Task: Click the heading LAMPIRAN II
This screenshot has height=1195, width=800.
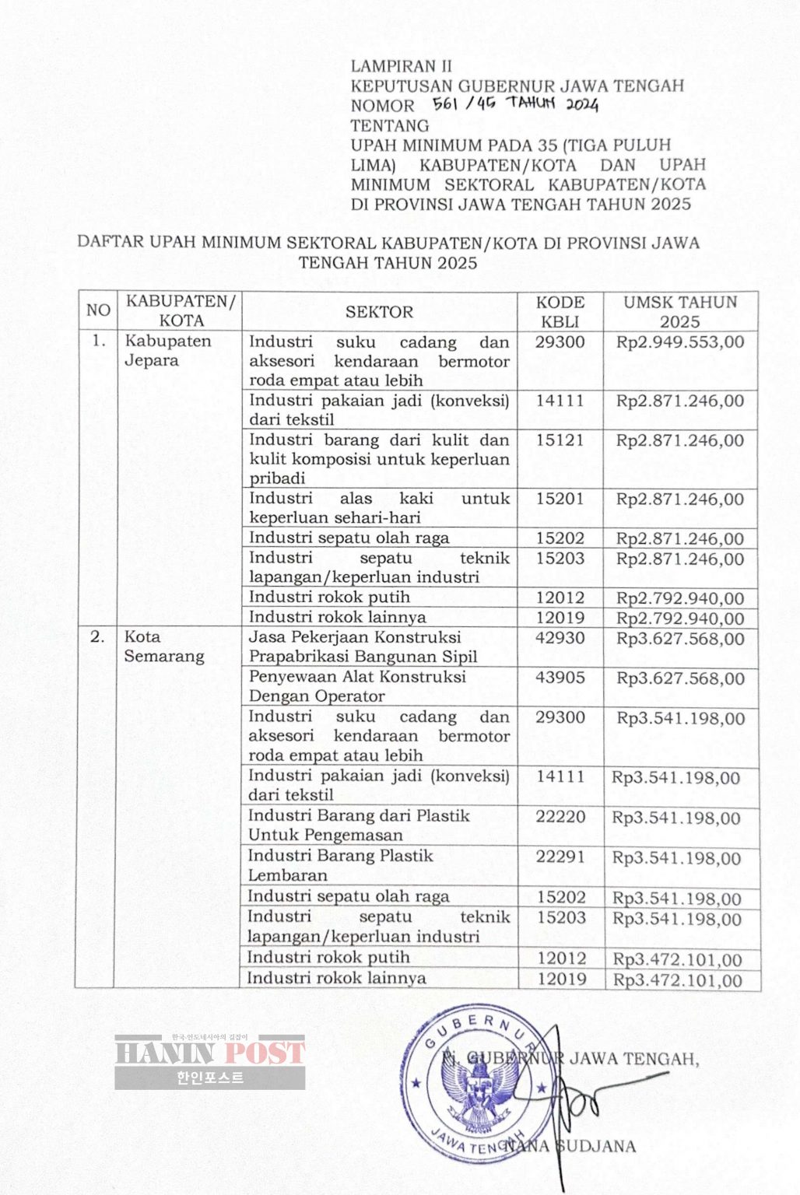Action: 401,66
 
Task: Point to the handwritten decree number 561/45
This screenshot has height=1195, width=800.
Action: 464,104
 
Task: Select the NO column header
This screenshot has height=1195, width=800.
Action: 98,310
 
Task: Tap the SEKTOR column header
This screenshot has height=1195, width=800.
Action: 379,311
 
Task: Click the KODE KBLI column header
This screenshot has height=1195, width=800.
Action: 560,311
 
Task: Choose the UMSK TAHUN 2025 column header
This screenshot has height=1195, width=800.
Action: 680,311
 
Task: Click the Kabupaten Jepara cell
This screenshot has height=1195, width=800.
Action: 167,350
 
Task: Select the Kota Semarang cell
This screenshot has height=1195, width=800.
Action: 163,646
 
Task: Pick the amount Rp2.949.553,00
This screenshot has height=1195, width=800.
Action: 680,342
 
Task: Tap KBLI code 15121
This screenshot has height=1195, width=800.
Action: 560,440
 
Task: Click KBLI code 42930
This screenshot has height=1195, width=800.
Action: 560,638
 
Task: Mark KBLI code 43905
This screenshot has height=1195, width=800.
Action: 560,678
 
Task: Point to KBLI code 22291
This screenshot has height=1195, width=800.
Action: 560,857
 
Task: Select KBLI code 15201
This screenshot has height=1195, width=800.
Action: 560,499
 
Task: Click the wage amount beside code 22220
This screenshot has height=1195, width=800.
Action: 676,818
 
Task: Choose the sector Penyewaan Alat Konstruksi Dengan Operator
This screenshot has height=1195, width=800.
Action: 357,686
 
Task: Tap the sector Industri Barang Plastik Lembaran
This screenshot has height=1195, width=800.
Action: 340,865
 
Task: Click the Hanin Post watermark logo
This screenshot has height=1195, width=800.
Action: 209,1061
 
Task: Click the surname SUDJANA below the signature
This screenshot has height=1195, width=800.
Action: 597,1146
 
